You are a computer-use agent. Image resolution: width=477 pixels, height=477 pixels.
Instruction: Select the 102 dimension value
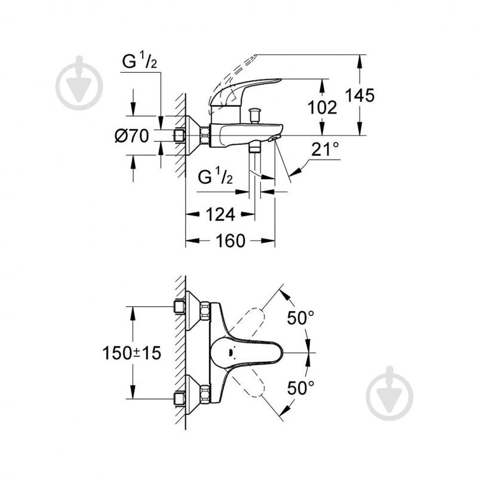(322, 107)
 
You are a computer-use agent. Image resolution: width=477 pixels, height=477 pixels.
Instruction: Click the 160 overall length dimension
(229, 241)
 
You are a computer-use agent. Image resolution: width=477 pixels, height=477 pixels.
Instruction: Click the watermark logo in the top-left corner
(79, 84)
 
